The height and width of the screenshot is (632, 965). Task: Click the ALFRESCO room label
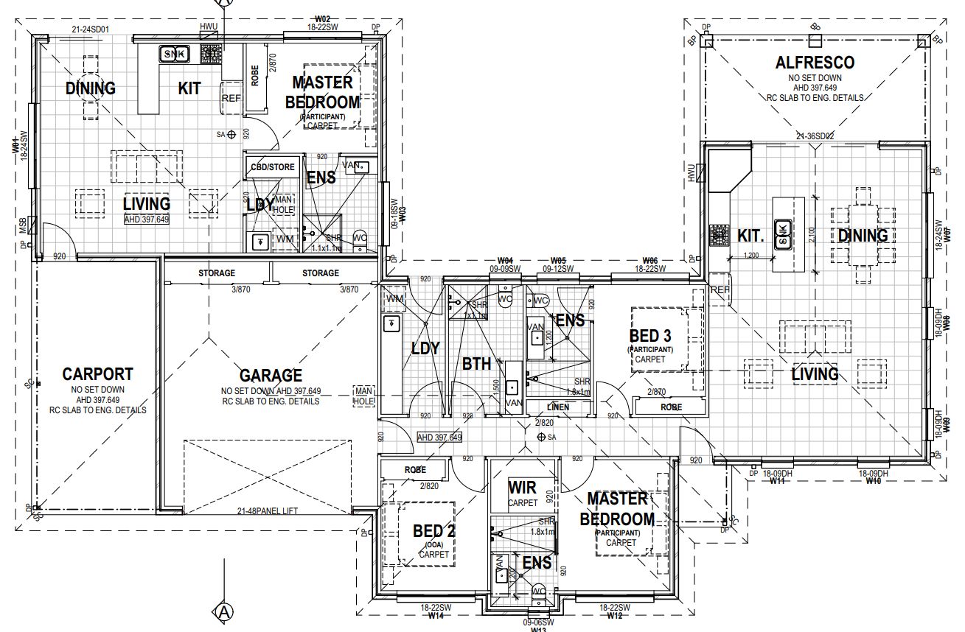pos(815,63)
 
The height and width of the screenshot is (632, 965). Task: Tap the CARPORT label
pos(98,373)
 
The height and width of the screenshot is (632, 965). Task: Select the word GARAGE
pos(271,376)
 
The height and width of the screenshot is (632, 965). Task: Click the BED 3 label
pos(650,336)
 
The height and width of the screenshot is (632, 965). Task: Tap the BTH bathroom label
pos(477,364)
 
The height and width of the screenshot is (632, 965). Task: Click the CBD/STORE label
pos(273,167)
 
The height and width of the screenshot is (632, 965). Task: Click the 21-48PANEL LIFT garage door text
pos(267,511)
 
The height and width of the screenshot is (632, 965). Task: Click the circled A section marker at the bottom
pos(223,611)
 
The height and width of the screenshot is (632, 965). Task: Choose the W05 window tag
pos(558,261)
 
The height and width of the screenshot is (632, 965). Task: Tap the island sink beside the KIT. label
pos(783,234)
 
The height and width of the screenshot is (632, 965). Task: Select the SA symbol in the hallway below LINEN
pos(542,438)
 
